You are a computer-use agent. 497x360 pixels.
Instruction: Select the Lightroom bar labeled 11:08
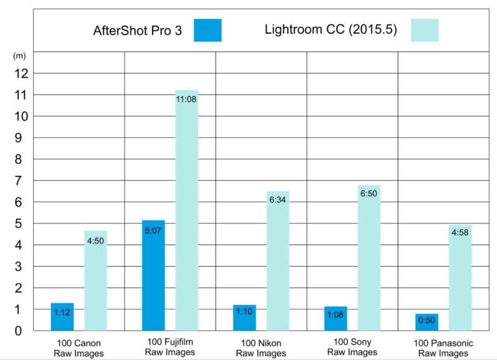pyautogui.click(x=186, y=210)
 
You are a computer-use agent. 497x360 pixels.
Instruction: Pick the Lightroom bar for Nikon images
pyautogui.click(x=278, y=260)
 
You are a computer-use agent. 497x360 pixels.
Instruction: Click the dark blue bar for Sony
pyautogui.click(x=335, y=318)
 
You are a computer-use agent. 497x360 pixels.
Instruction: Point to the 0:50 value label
pyautogui.click(x=426, y=321)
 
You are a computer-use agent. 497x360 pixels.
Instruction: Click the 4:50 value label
pyautogui.click(x=95, y=242)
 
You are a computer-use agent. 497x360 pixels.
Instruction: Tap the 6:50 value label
pyautogui.click(x=369, y=196)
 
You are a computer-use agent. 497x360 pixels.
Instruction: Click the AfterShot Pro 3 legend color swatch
pyautogui.click(x=208, y=30)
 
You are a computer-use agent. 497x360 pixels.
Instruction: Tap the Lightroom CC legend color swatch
pyautogui.click(x=425, y=30)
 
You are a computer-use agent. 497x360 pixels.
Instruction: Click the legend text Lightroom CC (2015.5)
pyautogui.click(x=331, y=30)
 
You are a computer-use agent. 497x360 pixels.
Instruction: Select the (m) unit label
pyautogui.click(x=19, y=56)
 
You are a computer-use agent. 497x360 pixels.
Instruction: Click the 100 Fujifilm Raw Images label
pyautogui.click(x=168, y=348)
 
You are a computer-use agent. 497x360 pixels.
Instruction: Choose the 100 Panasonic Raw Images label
pyautogui.click(x=442, y=348)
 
